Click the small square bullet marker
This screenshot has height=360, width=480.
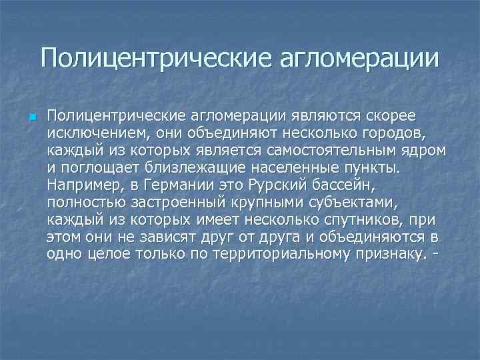point(31,119)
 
